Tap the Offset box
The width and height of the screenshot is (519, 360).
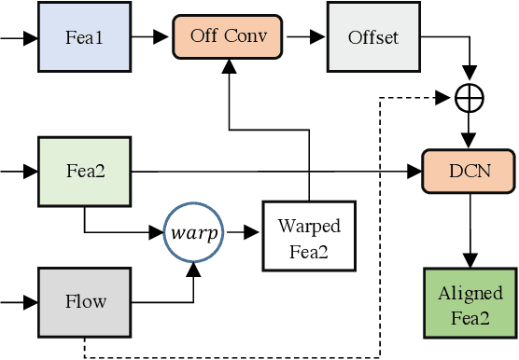372,38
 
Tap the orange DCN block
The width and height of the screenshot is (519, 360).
469,171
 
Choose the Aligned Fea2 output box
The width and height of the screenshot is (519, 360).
469,304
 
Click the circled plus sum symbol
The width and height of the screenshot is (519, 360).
469,97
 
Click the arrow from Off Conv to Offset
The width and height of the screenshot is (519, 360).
305,38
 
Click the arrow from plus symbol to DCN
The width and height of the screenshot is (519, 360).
469,131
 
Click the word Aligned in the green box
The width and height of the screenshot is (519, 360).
469,294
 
